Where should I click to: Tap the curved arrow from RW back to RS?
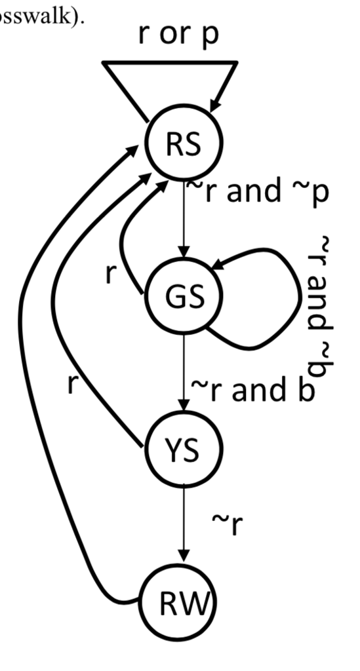pos(26,393)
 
